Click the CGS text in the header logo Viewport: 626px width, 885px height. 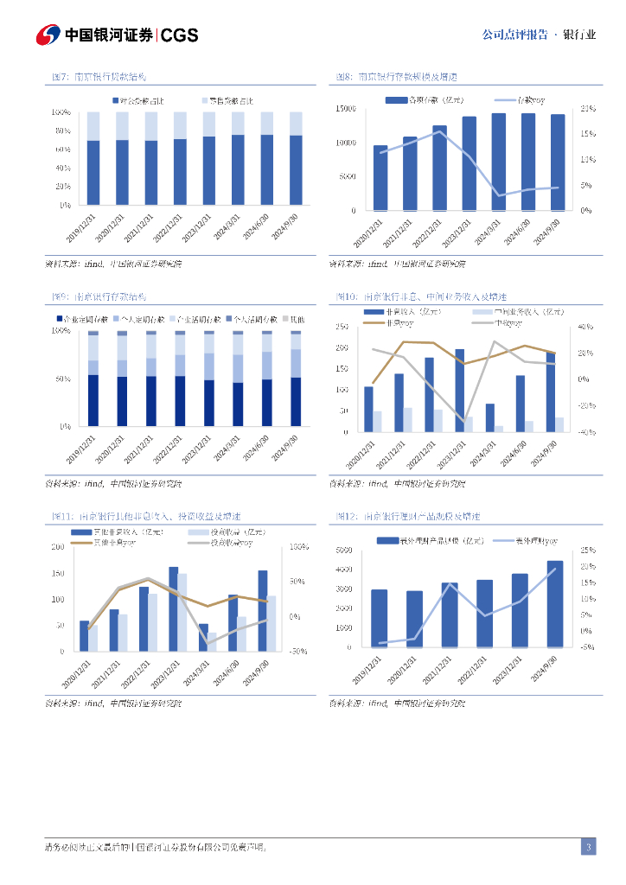(x=180, y=35)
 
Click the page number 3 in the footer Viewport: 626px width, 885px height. (x=588, y=847)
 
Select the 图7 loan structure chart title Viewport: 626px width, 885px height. (x=99, y=77)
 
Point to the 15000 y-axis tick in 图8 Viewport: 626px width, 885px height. (x=346, y=108)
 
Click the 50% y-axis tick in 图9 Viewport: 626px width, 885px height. (x=64, y=379)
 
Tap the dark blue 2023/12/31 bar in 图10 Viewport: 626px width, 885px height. (x=459, y=390)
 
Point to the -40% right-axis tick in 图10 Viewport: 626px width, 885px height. (x=584, y=432)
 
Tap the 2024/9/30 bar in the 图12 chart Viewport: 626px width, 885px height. (x=554, y=604)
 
